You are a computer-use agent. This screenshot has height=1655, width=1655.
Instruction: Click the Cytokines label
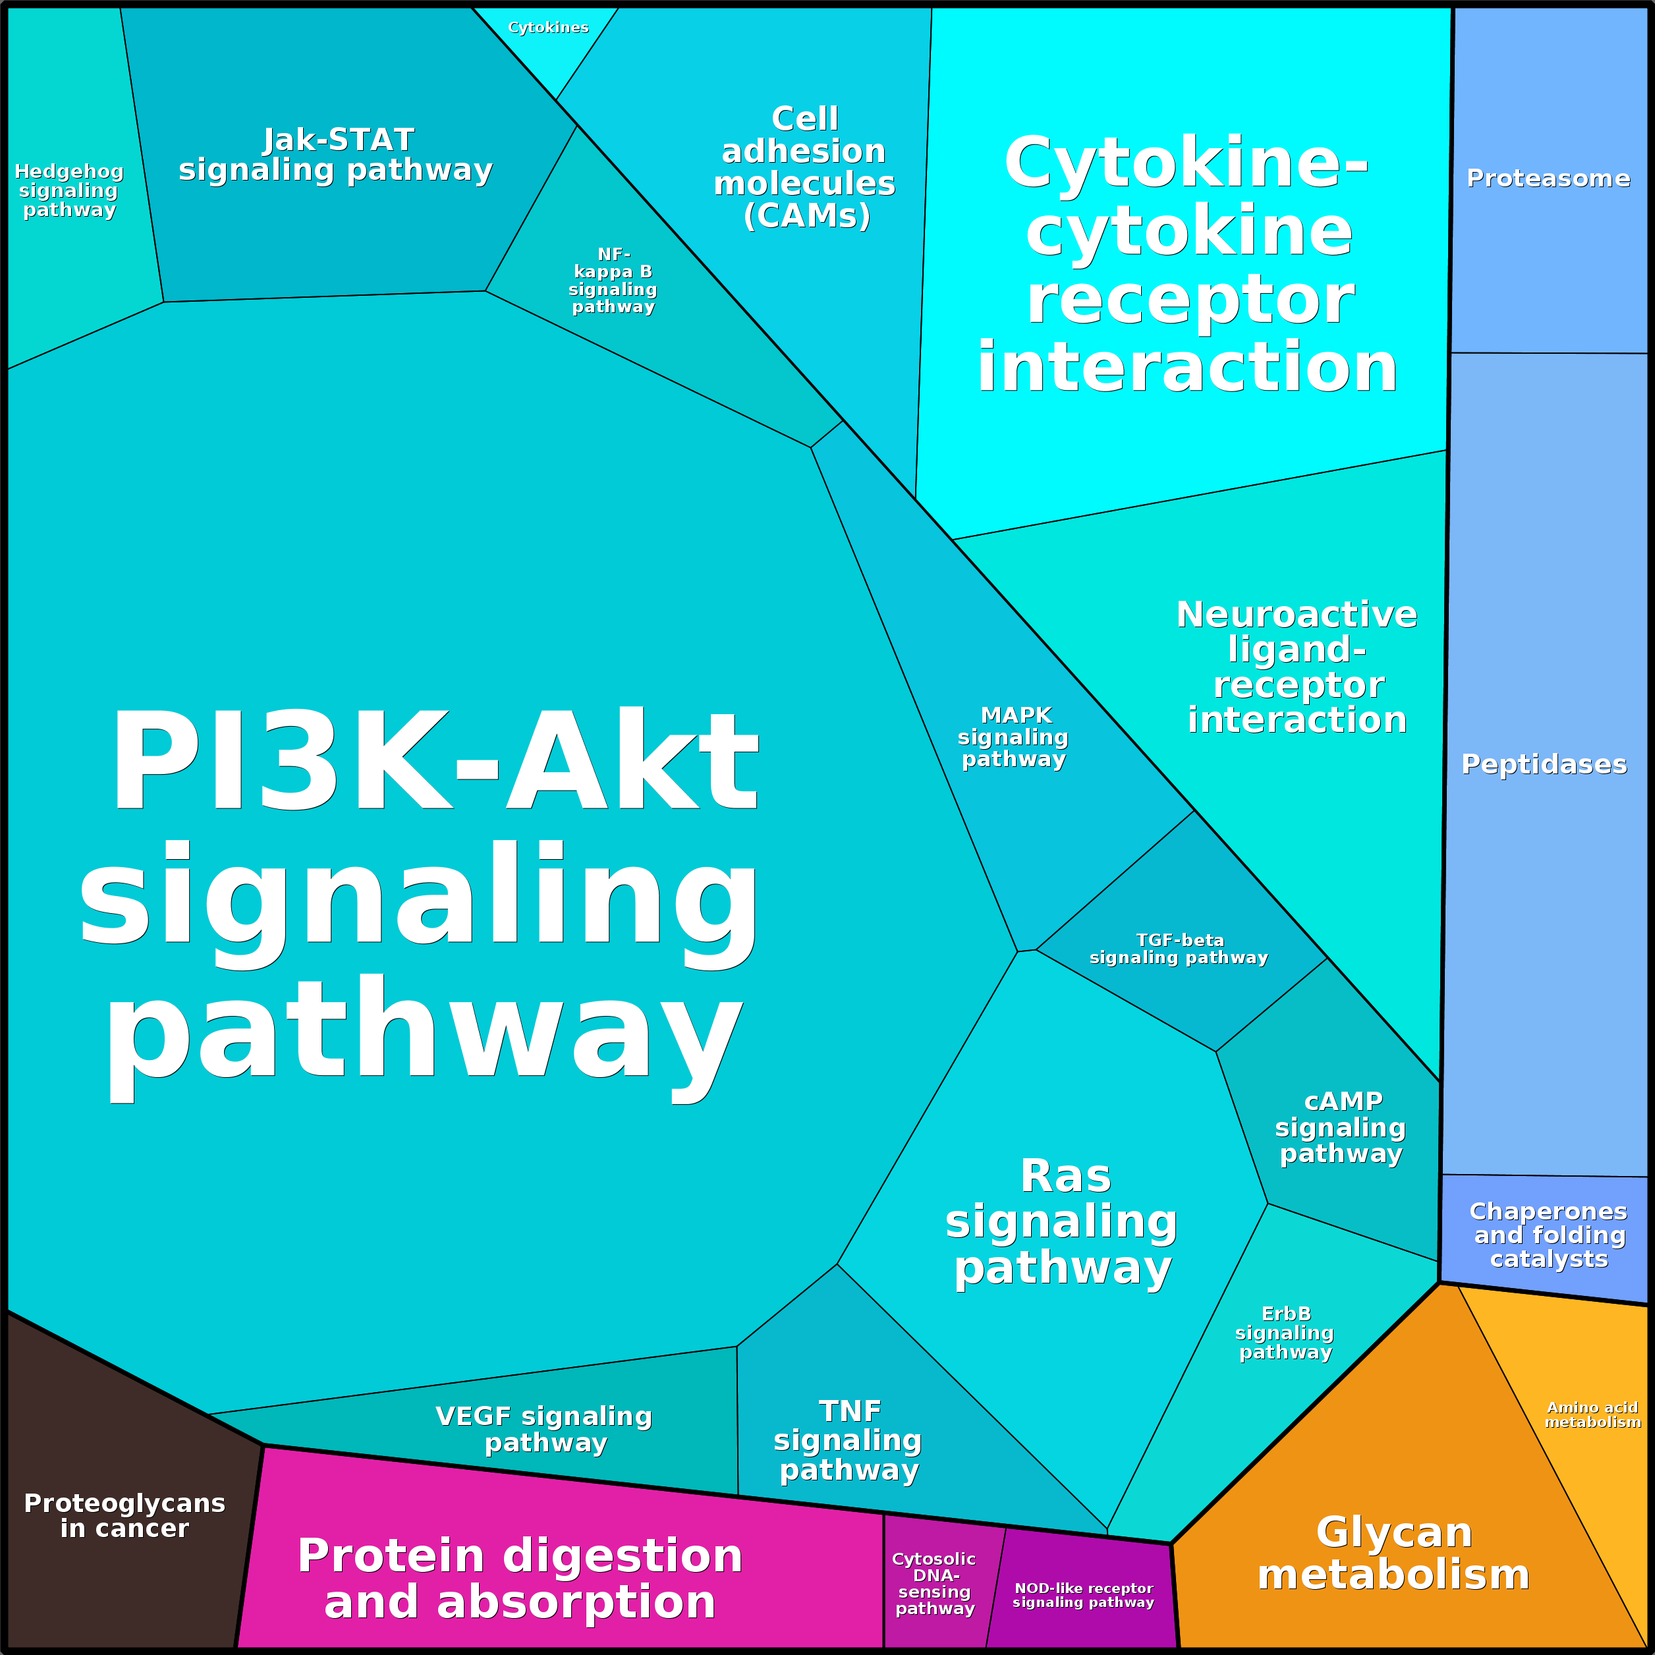point(548,28)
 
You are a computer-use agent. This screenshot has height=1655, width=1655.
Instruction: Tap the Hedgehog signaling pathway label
point(69,191)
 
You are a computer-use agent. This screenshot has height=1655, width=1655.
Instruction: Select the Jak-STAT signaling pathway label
point(336,155)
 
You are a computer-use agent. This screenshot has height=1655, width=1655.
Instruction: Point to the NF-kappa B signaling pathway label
point(613,281)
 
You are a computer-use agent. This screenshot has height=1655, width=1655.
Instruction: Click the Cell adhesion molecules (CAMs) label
point(805,168)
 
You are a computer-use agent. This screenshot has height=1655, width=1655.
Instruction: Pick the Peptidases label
point(1544,764)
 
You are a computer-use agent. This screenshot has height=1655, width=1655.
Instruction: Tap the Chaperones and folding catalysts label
point(1549,1235)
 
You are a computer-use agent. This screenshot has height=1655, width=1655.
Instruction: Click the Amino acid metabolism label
point(1592,1415)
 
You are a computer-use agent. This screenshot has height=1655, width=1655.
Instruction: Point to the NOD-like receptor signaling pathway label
point(1084,1595)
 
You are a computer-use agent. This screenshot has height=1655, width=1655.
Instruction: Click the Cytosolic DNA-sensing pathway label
point(935,1584)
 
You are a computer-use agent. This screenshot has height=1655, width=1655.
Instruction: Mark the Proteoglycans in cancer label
point(125,1516)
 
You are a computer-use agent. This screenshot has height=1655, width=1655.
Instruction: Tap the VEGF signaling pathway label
point(545,1430)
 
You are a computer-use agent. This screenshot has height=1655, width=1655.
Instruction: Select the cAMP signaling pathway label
point(1341,1127)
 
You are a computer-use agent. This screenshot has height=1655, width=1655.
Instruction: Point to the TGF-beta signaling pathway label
point(1179,949)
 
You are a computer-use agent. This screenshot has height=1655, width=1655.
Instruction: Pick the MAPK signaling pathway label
point(1014,737)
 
